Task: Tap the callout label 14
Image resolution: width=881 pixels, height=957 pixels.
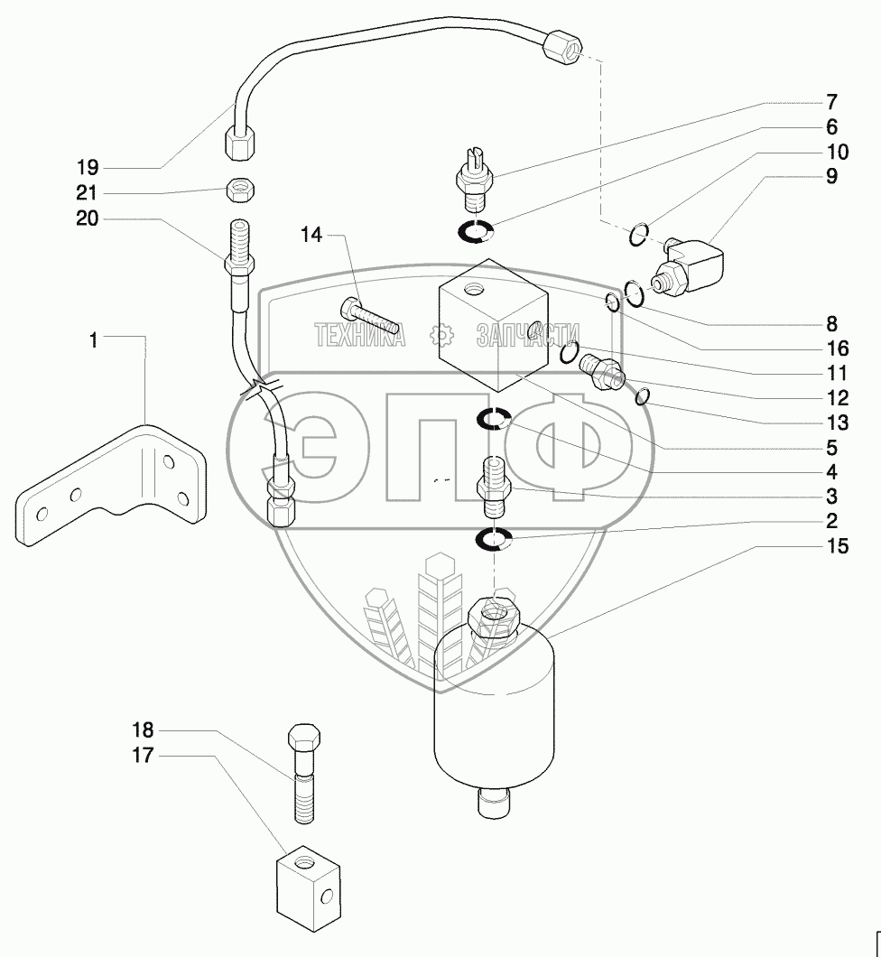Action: [311, 236]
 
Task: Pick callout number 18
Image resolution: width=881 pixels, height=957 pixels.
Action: [144, 729]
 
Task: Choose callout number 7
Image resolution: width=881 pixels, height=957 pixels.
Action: [830, 101]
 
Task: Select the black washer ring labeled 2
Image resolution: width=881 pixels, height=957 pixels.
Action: [495, 540]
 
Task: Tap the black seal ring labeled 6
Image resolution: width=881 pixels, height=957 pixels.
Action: [475, 232]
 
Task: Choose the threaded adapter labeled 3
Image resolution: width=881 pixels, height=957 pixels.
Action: [495, 484]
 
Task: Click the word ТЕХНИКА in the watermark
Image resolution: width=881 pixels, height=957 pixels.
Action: [358, 335]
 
